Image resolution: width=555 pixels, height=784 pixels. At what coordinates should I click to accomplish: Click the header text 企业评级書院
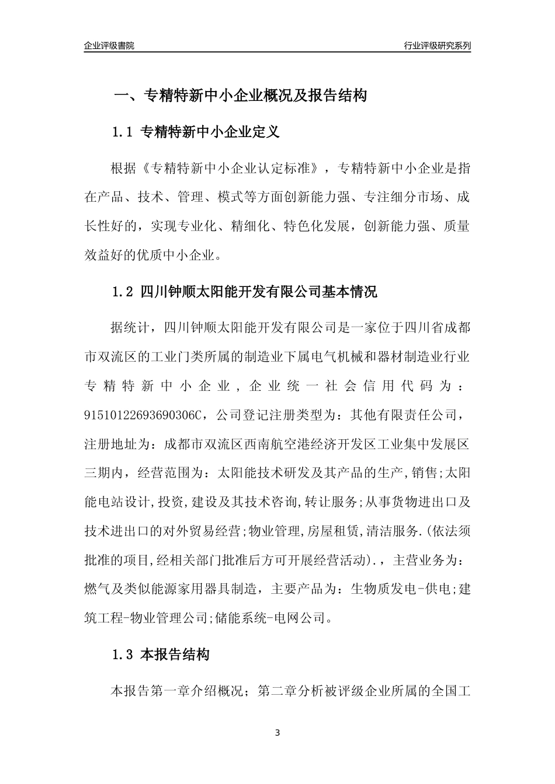point(109,45)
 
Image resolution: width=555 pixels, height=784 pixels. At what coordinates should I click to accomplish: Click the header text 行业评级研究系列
point(437,45)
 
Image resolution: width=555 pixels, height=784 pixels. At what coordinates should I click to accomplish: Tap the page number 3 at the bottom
point(277,733)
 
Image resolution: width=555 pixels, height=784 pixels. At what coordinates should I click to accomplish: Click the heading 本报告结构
point(175,655)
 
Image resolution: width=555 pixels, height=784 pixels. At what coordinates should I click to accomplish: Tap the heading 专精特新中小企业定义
point(210,132)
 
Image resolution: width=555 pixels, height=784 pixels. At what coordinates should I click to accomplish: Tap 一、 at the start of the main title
point(124,96)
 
